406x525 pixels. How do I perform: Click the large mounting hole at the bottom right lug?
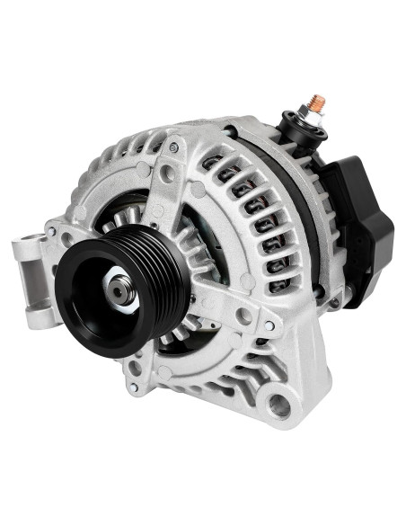280,405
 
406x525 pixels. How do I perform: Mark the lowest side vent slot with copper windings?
278,286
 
